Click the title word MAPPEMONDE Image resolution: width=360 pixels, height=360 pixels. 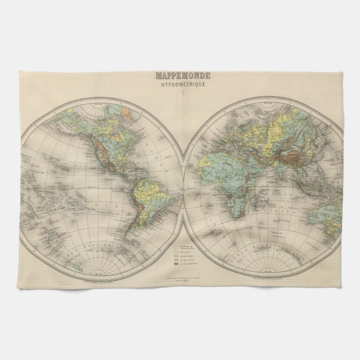(x=180, y=73)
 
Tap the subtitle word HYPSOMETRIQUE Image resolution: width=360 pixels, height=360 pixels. (x=180, y=82)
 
